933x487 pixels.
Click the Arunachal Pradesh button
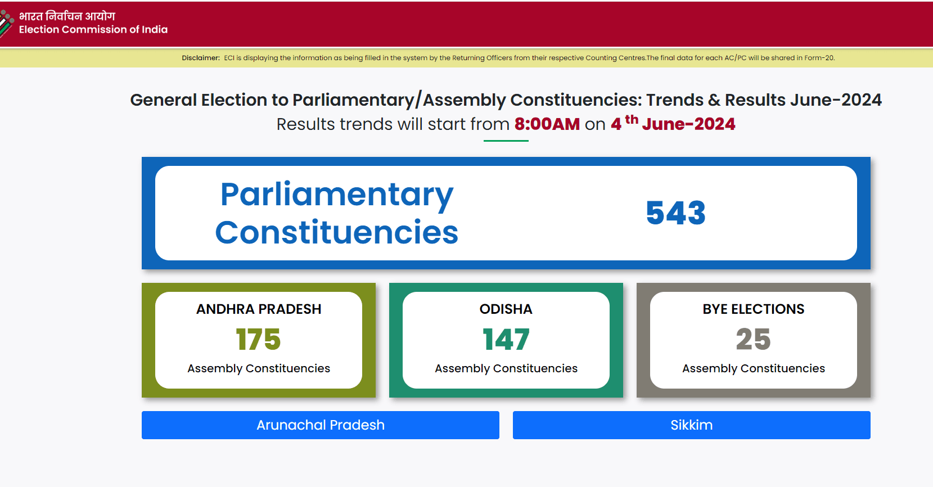click(x=321, y=425)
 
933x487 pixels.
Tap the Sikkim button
click(x=691, y=425)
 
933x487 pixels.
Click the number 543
click(x=675, y=213)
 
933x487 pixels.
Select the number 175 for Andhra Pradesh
click(x=258, y=339)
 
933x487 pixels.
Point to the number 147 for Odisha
click(x=506, y=339)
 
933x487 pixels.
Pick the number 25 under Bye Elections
click(x=753, y=339)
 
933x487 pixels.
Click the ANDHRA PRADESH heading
click(x=259, y=309)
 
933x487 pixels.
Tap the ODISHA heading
click(x=506, y=309)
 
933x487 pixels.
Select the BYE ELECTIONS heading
click(x=754, y=309)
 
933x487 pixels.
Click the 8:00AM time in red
click(x=547, y=124)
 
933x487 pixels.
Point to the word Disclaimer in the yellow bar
click(x=201, y=58)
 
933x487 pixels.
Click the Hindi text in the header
click(x=67, y=16)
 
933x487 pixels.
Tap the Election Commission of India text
click(x=93, y=30)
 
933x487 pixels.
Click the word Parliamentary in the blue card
click(x=336, y=194)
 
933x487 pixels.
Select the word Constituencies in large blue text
click(x=336, y=232)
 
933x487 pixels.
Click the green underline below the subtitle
click(x=506, y=141)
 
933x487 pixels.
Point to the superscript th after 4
click(x=632, y=120)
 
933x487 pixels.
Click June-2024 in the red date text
click(x=688, y=124)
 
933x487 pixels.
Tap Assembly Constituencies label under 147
click(x=506, y=369)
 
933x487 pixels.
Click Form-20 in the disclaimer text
click(x=819, y=58)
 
